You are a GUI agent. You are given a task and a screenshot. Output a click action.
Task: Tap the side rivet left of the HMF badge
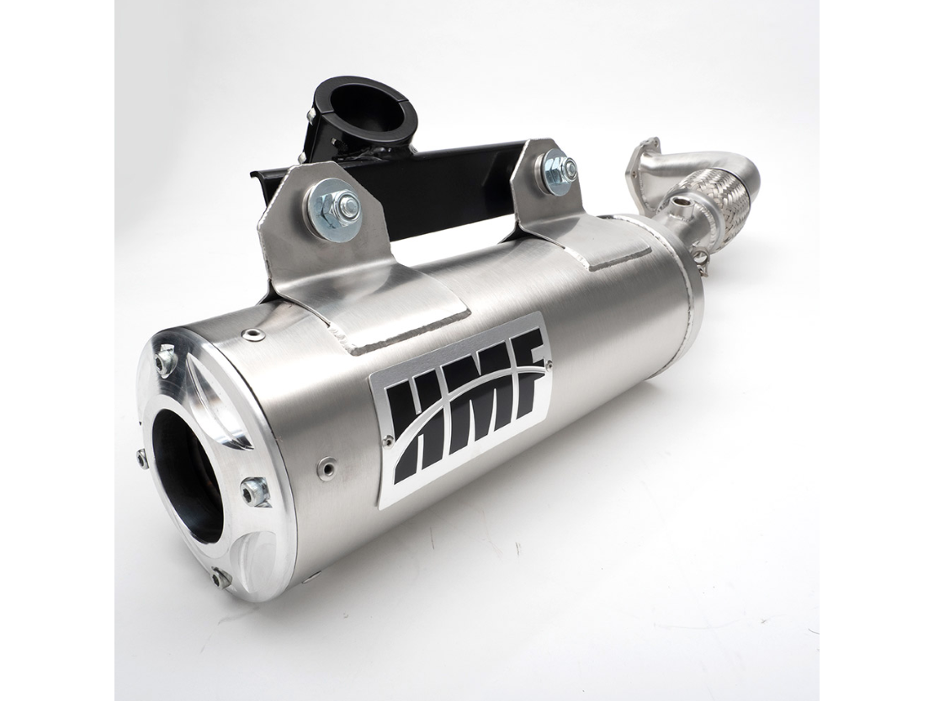coord(326,465)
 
